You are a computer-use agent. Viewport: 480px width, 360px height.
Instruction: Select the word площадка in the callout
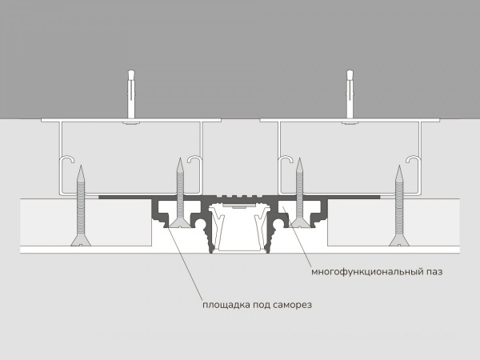[x=226, y=305]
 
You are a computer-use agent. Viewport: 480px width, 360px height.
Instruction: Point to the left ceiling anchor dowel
[x=131, y=97]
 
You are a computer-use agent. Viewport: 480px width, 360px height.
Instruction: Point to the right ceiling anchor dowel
[x=350, y=97]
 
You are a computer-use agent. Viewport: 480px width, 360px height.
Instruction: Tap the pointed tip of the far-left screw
[x=81, y=166]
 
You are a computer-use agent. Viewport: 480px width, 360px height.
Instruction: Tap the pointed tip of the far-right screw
[x=399, y=166]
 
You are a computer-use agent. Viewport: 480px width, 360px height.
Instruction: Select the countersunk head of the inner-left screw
[x=180, y=223]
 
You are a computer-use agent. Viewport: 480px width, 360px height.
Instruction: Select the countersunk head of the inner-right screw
[x=300, y=223]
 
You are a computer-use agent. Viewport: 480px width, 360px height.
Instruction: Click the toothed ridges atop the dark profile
[x=240, y=195]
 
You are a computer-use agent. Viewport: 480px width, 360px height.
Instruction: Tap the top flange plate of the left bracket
[x=131, y=120]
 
